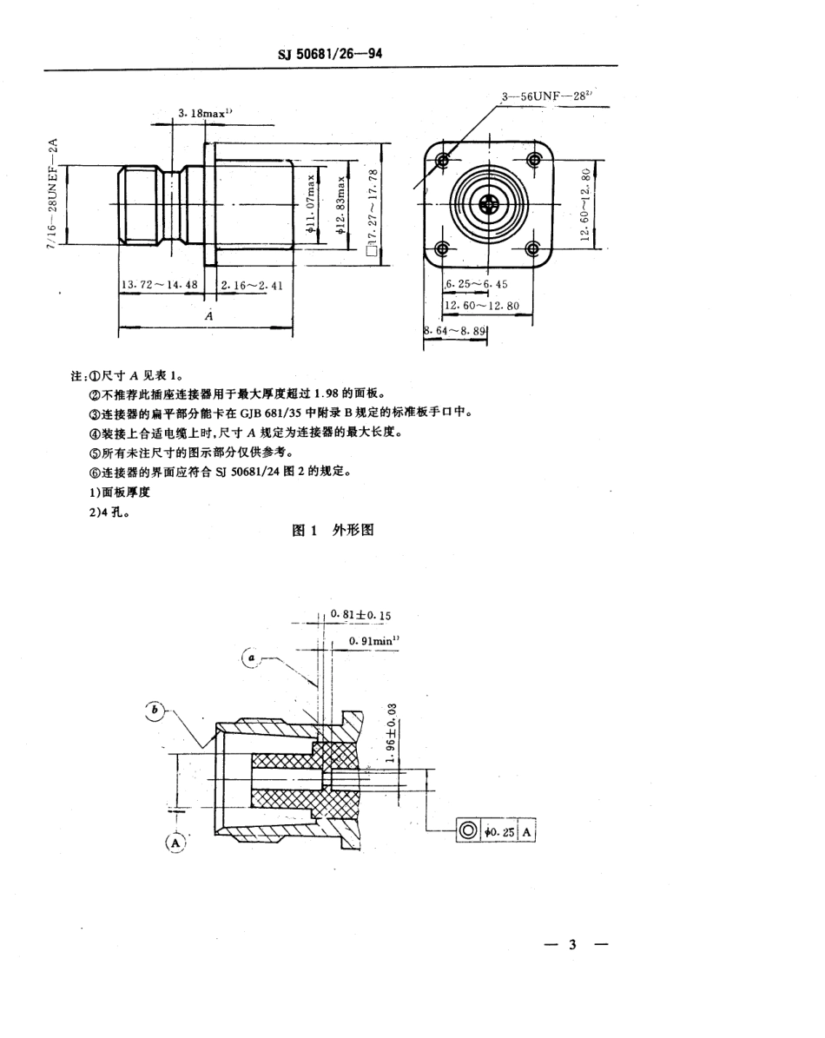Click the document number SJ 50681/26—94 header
point(330,54)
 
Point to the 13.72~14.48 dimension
point(162,285)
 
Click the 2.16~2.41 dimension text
point(252,285)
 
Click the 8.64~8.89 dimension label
point(455,331)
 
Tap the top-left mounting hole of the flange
point(444,161)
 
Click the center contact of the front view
point(487,206)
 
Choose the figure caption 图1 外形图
point(333,530)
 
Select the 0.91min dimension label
point(373,640)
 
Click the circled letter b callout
point(155,711)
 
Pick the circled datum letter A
point(175,842)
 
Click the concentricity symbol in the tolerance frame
point(468,831)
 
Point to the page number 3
point(572,944)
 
